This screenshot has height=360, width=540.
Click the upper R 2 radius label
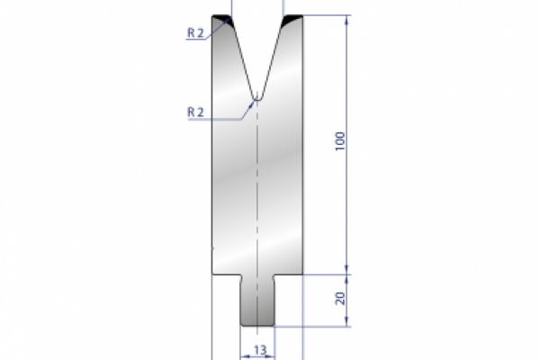[197, 33]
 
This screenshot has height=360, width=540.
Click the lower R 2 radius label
[197, 112]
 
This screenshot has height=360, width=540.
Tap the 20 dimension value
[339, 298]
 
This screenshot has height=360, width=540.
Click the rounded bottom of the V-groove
[257, 94]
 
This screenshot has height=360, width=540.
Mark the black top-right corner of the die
[293, 20]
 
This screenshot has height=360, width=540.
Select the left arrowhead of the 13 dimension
[242, 355]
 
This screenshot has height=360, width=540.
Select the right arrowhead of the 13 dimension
[273, 355]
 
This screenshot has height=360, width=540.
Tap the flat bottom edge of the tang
[257, 326]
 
